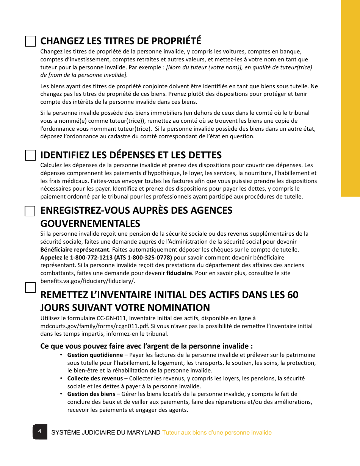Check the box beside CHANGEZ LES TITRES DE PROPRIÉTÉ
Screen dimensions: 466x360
(x=30, y=41)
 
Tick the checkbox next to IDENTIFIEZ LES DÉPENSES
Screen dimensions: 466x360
(x=30, y=155)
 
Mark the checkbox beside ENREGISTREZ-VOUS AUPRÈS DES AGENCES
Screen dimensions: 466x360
(x=30, y=211)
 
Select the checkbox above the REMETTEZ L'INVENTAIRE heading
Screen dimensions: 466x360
(x=30, y=288)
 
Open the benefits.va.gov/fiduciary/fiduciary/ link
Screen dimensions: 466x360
(x=88, y=281)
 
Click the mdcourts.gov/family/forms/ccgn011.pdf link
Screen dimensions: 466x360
(x=95, y=326)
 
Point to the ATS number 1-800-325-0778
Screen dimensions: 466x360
(x=147, y=257)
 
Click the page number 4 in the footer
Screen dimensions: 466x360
(x=39, y=431)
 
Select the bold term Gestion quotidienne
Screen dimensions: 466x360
(x=95, y=355)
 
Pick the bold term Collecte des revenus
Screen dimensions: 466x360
(x=95, y=378)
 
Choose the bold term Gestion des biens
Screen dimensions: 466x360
(x=91, y=394)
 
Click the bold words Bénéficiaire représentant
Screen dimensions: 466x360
(x=75, y=250)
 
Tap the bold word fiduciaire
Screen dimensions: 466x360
(x=179, y=273)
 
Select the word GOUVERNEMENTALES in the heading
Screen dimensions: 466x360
(x=90, y=223)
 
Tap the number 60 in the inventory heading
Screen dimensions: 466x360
(x=293, y=295)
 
